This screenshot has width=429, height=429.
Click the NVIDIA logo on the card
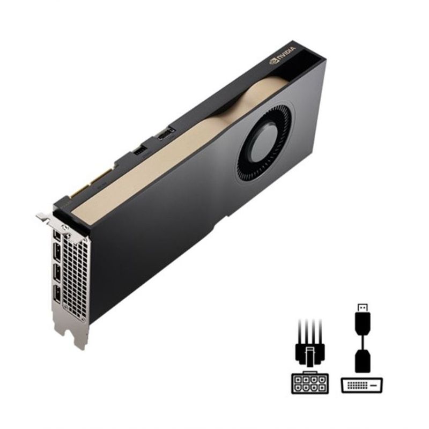coord(283,55)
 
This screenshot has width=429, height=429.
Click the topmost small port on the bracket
coord(57,235)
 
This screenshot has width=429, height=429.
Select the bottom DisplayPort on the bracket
coord(57,294)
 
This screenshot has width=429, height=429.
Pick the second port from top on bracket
coord(57,252)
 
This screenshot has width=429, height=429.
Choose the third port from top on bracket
coord(57,273)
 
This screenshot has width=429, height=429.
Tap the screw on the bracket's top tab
coord(65,227)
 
